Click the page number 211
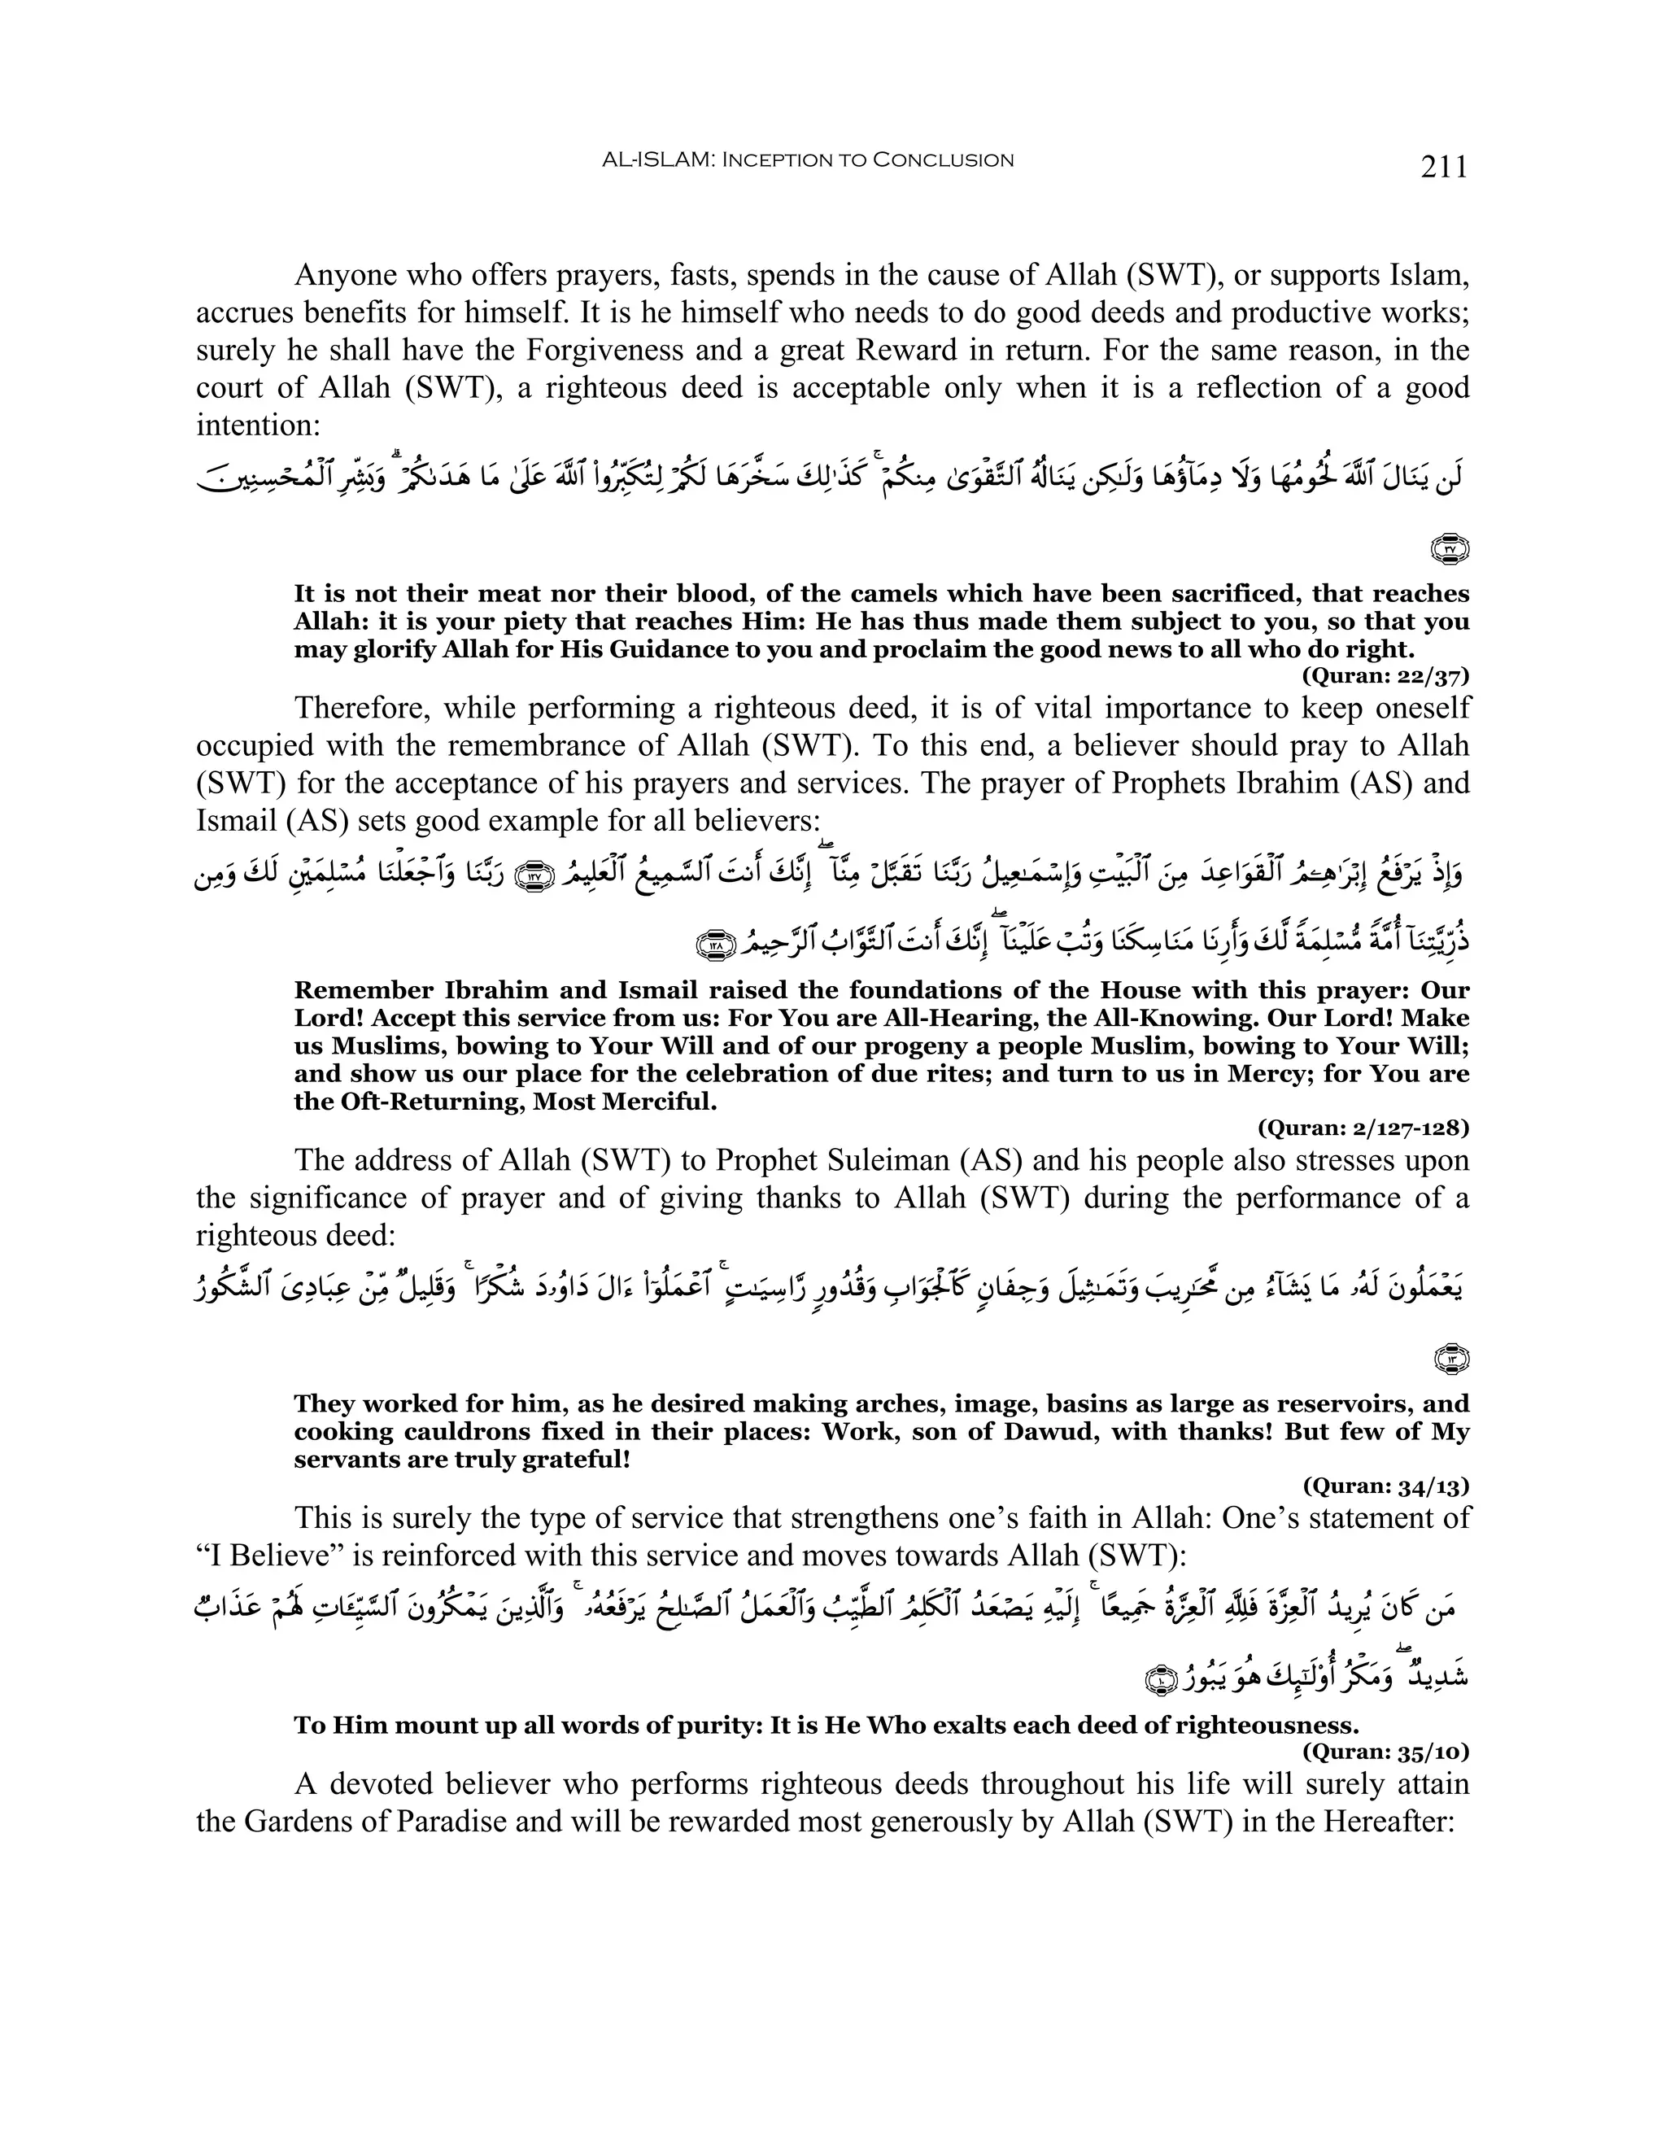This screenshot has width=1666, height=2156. (x=1444, y=167)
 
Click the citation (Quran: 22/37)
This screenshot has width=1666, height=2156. (x=1385, y=676)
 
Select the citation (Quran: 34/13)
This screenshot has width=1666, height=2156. (x=1385, y=1486)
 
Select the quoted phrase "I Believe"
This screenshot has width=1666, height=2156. (x=262, y=1556)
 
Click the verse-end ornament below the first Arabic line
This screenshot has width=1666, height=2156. (x=1450, y=549)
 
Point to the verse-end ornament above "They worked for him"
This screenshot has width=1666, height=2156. (x=1450, y=1360)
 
